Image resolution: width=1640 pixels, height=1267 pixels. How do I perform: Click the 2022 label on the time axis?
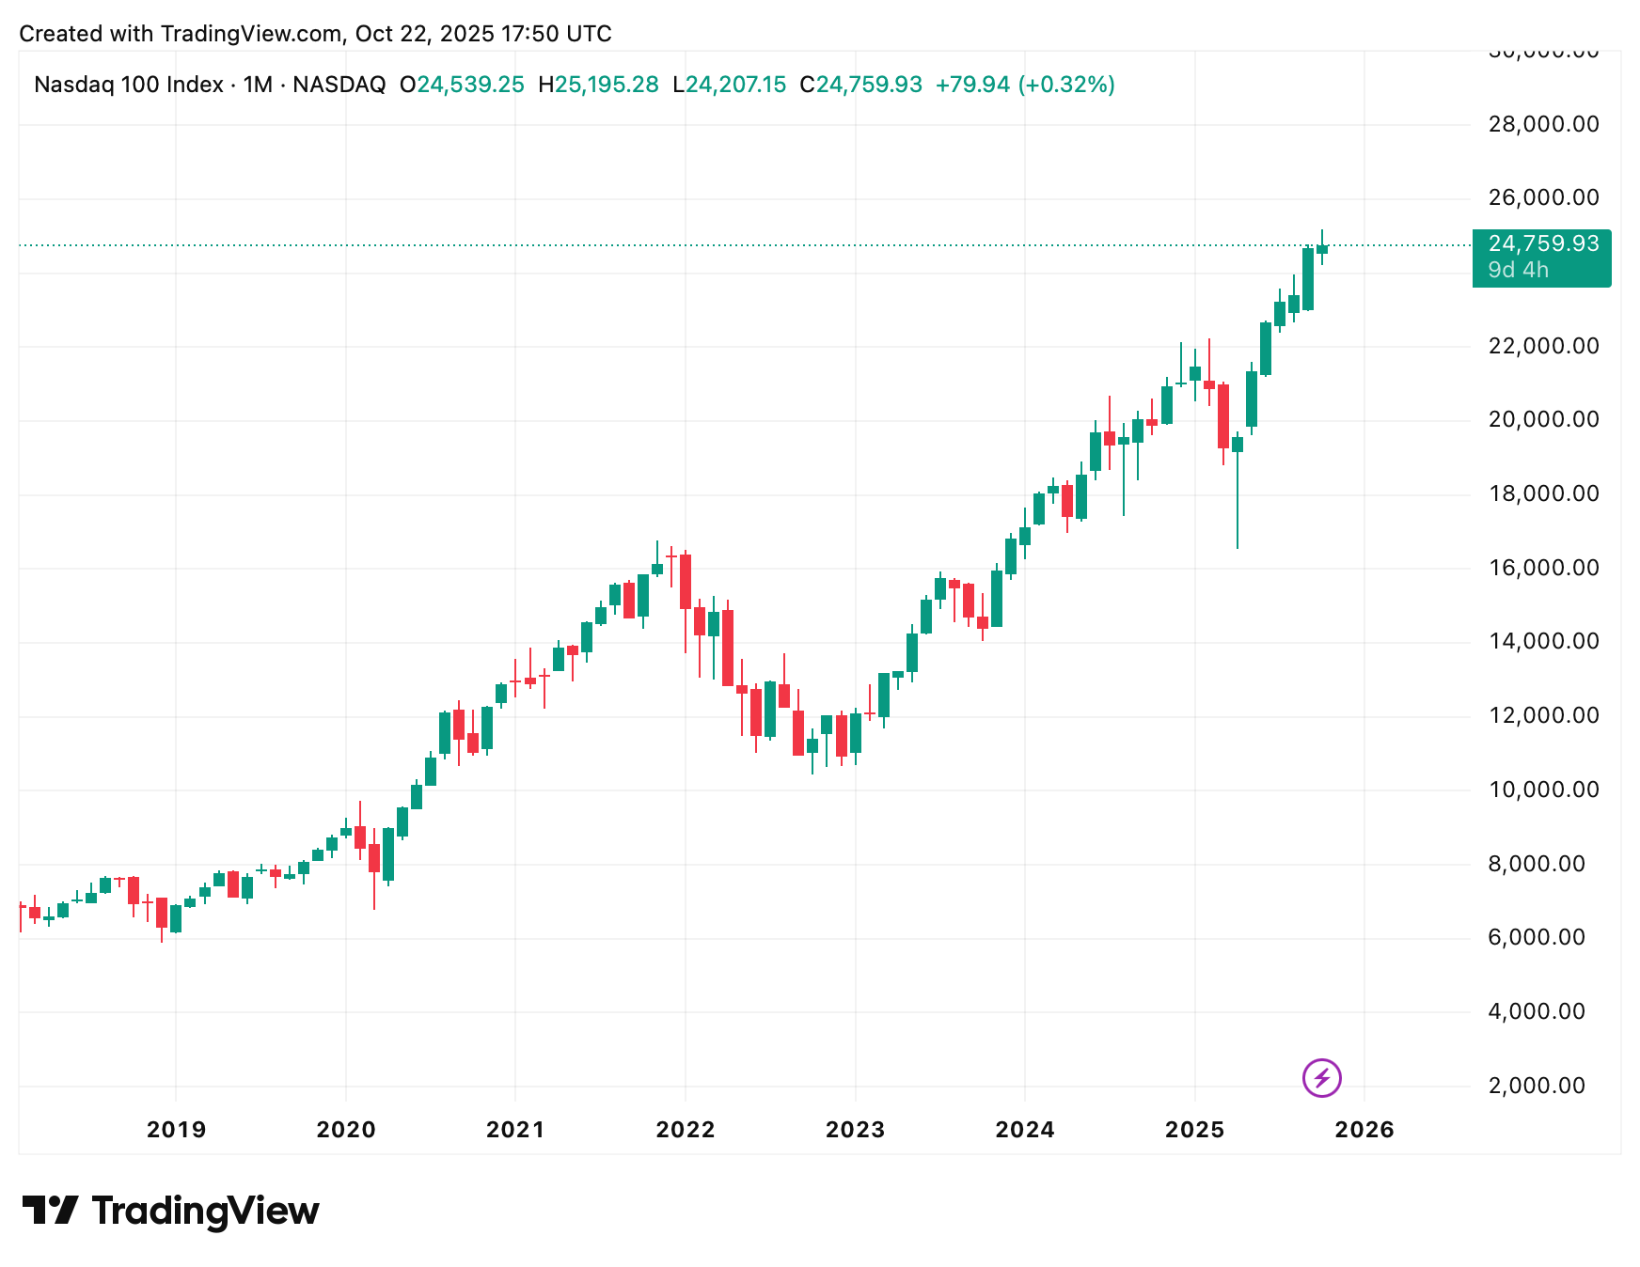point(685,1129)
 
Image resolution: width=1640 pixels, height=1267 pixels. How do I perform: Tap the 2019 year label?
point(176,1129)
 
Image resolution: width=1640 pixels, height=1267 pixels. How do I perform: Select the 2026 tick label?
point(1364,1129)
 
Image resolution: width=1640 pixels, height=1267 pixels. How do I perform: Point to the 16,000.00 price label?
point(1543,568)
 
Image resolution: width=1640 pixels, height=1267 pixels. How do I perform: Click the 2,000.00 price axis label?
point(1537,1086)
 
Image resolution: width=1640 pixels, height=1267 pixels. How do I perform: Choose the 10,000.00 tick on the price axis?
point(1543,790)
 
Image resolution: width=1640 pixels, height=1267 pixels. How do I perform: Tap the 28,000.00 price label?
point(1543,124)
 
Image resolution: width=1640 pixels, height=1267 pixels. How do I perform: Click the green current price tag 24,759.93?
point(1543,244)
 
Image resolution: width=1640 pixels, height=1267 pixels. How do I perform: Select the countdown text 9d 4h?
point(1518,271)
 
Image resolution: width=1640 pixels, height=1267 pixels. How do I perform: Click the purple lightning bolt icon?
point(1321,1078)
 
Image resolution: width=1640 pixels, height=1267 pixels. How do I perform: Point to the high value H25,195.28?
point(598,85)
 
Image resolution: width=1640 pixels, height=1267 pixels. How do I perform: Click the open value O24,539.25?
point(462,85)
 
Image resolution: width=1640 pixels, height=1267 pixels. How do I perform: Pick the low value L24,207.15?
point(729,85)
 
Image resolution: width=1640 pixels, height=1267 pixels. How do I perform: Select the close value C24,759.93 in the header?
point(860,85)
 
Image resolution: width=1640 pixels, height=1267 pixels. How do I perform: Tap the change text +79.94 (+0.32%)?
point(1025,85)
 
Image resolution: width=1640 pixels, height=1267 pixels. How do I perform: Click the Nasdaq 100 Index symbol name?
point(129,85)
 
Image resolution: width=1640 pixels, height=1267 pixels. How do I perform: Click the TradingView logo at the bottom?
point(170,1211)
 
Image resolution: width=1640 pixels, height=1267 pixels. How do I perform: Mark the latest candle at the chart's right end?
point(1321,249)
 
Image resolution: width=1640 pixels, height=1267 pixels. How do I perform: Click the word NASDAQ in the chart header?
point(339,85)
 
